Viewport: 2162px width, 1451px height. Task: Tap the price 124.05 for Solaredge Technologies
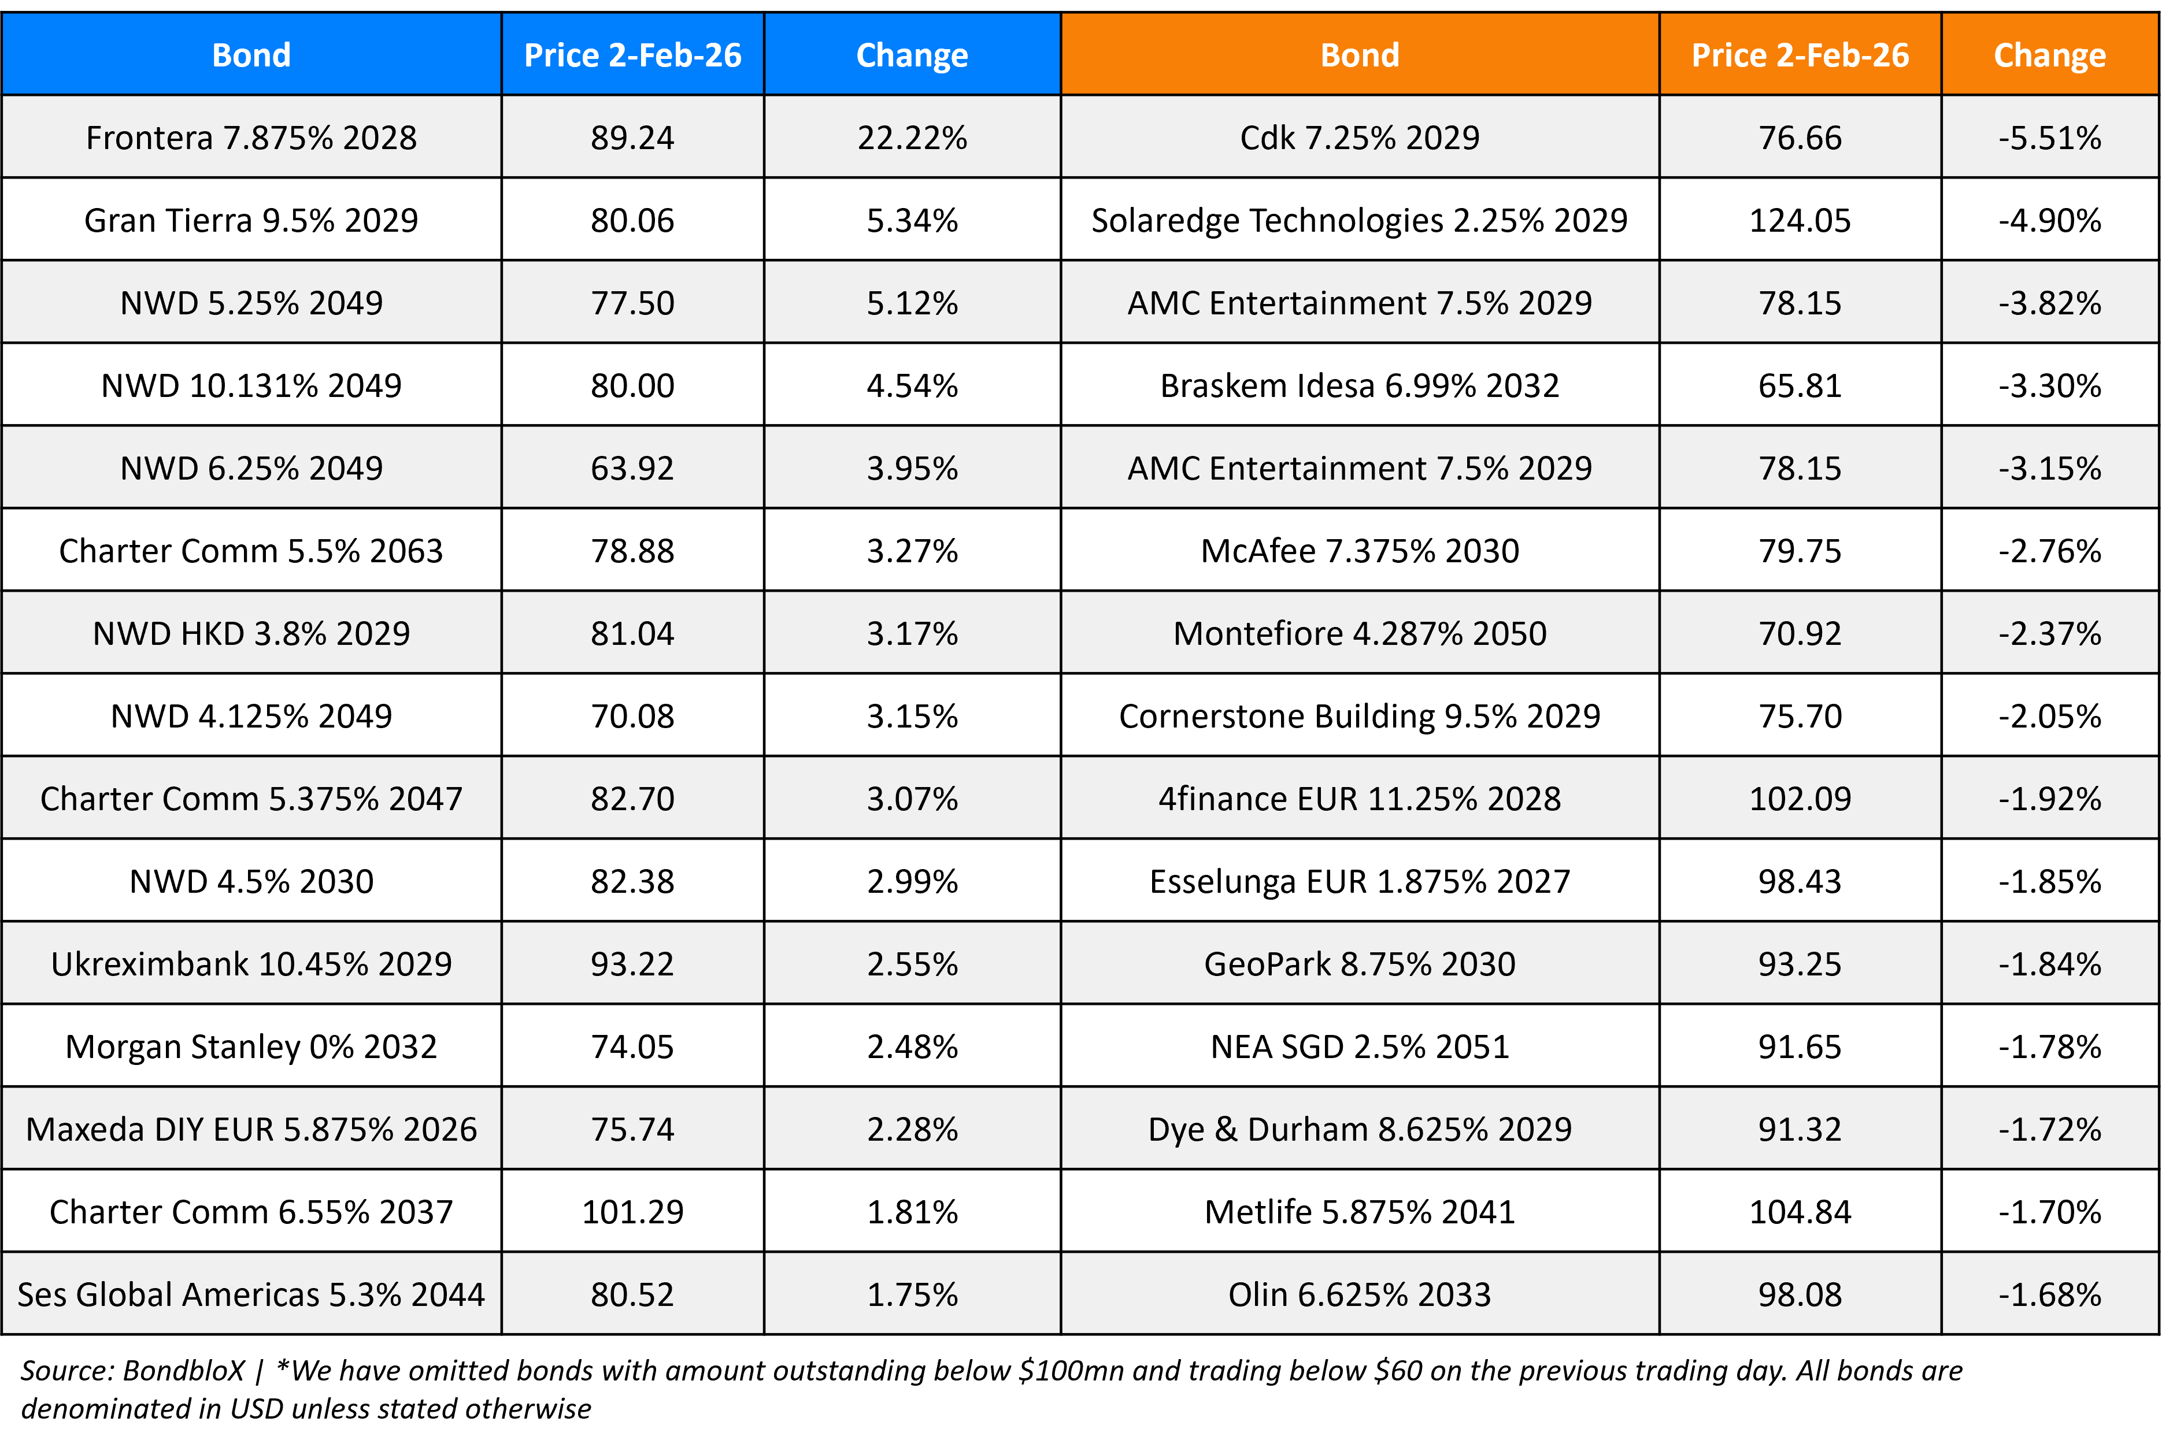pyautogui.click(x=1799, y=220)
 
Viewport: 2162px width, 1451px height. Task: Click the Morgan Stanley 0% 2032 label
pyautogui.click(x=251, y=1046)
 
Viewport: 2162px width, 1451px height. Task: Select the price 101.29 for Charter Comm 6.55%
pyautogui.click(x=632, y=1211)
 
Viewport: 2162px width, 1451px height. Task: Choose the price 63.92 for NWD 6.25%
pyautogui.click(x=632, y=468)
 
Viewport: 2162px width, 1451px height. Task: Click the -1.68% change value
pyautogui.click(x=2049, y=1294)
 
